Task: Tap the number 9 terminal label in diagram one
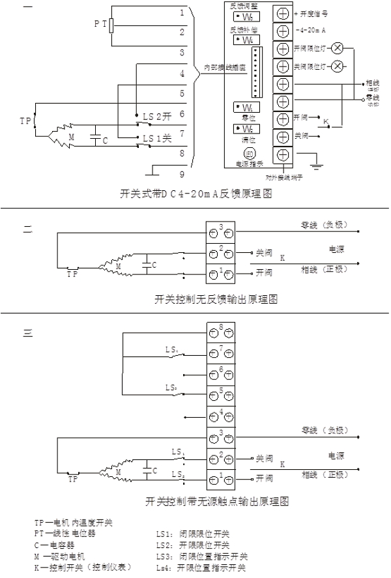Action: (182, 174)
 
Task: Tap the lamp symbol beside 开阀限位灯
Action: (337, 49)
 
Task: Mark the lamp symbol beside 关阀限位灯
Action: (337, 66)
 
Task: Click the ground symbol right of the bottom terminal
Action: (317, 165)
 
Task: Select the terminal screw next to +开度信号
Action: (283, 14)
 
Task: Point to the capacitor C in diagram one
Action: (96, 137)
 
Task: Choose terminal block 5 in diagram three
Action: (222, 394)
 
